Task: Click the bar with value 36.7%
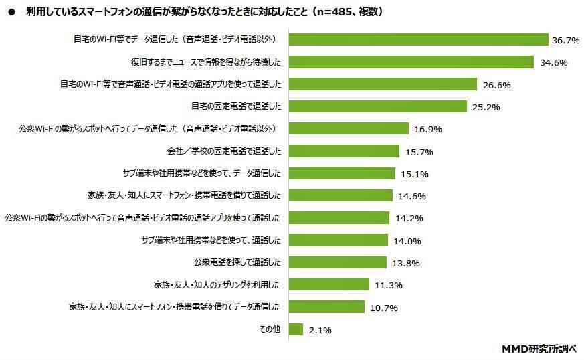418,40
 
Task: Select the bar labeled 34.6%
411,62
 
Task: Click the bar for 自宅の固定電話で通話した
377,106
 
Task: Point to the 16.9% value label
428,129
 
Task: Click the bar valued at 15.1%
342,173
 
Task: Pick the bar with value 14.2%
338,217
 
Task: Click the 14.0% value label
407,241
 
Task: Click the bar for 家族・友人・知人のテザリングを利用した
328,284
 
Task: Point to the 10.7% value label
385,308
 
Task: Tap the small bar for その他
296,329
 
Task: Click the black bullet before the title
11,12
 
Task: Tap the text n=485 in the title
332,12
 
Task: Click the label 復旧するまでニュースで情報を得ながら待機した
205,62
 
